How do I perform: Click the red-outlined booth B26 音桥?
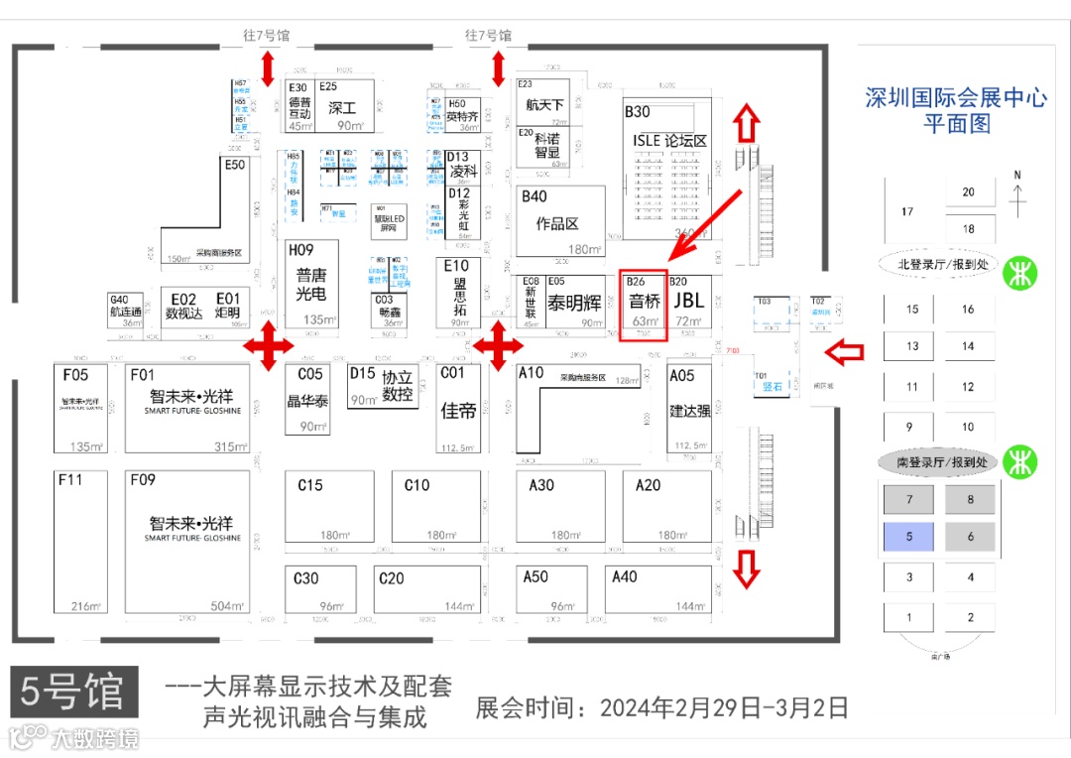point(644,305)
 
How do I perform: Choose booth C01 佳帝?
point(459,408)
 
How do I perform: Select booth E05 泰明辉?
point(575,302)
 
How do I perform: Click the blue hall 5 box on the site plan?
point(909,537)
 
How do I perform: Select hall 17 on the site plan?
point(907,211)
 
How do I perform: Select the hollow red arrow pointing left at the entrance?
point(845,351)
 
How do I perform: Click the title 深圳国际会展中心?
point(956,98)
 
